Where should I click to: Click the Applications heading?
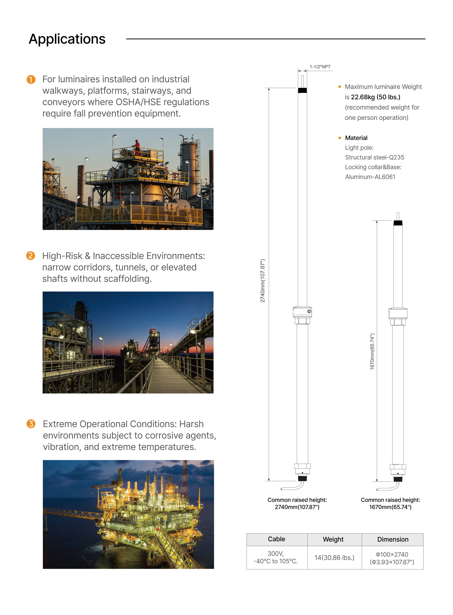click(67, 39)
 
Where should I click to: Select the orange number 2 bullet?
click(30, 256)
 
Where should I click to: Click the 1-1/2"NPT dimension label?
click(320, 67)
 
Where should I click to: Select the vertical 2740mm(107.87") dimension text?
click(263, 281)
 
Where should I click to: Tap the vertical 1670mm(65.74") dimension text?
click(372, 352)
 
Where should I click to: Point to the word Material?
click(356, 138)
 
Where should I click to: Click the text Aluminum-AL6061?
click(370, 177)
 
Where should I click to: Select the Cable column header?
click(276, 539)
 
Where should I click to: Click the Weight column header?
click(333, 539)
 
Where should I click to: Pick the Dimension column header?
click(393, 539)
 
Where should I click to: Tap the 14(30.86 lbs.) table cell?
click(334, 558)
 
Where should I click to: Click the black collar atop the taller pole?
click(302, 90)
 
